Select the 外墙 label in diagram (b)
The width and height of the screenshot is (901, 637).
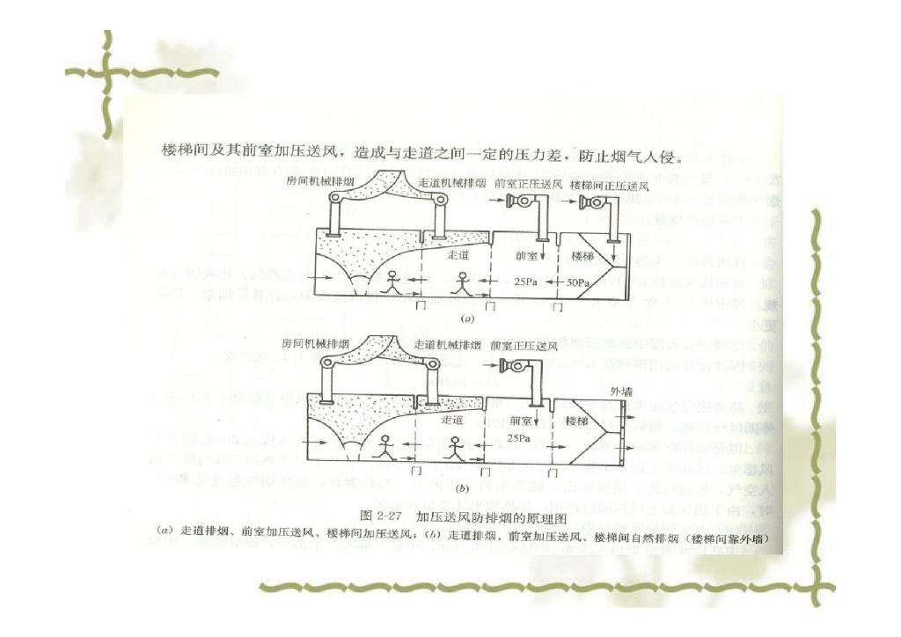click(x=621, y=388)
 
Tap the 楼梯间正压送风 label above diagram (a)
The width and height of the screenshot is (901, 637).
click(x=610, y=185)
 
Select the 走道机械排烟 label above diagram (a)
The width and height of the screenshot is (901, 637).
click(x=450, y=185)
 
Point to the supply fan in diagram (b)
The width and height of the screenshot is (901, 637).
click(x=513, y=366)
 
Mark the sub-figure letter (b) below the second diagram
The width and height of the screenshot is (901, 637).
click(x=464, y=485)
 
